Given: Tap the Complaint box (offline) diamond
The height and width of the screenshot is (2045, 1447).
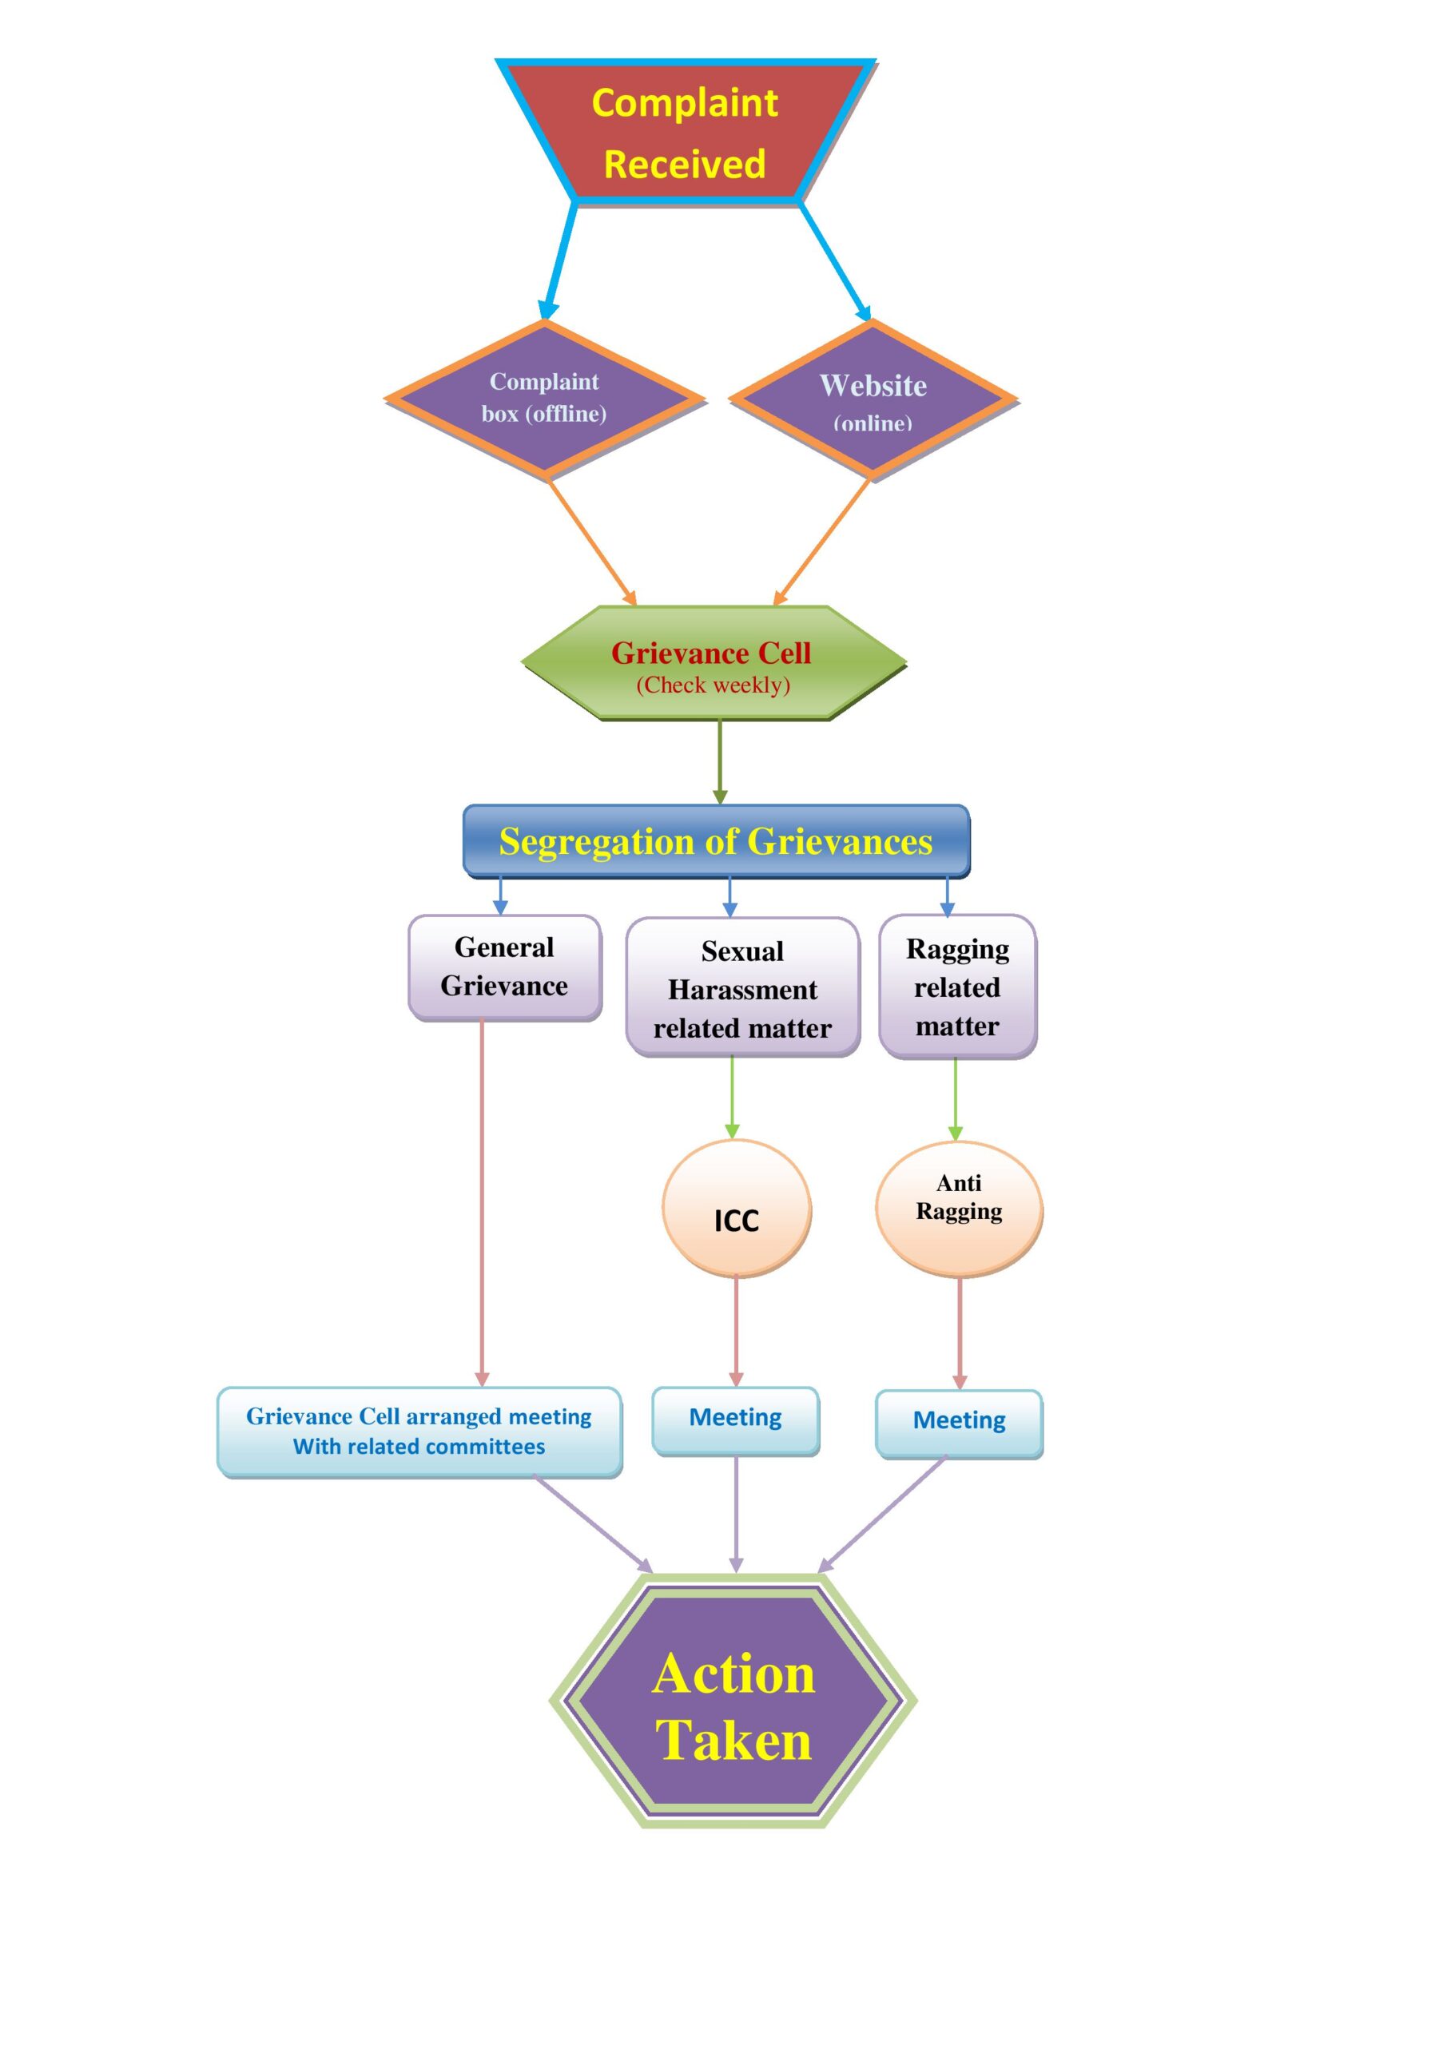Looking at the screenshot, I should click(543, 399).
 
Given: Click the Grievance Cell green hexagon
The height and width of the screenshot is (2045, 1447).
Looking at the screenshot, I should click(713, 663).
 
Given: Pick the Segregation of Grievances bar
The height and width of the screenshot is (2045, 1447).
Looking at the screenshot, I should click(715, 841).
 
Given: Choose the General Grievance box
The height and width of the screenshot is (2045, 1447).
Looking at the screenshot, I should click(504, 967).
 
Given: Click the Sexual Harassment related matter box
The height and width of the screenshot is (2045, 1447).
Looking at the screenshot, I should click(742, 989).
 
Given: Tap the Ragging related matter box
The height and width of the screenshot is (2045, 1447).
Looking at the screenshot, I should click(957, 987).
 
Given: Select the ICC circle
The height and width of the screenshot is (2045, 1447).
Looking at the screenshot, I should click(736, 1209).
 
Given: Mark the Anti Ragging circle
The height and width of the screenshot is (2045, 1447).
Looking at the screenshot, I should click(959, 1209).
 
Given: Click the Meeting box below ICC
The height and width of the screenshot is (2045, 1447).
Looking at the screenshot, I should click(735, 1420).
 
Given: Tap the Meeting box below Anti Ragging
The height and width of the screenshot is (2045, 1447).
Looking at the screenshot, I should click(959, 1424).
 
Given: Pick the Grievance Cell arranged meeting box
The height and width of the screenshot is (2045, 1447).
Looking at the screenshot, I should click(419, 1431).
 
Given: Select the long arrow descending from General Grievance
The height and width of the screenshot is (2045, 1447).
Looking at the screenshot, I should click(482, 1202).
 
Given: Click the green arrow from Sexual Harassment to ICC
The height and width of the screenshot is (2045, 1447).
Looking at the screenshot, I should click(733, 1098).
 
